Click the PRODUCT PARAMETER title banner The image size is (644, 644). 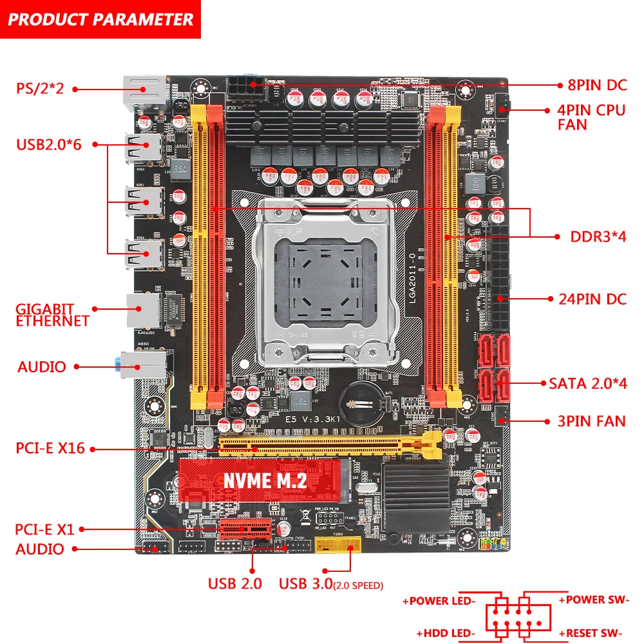tap(100, 19)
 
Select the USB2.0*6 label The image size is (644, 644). tap(49, 144)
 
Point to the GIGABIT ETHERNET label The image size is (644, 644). tap(53, 314)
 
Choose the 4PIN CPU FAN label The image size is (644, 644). tap(591, 117)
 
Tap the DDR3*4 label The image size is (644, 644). tap(598, 236)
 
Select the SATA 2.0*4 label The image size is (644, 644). tap(587, 383)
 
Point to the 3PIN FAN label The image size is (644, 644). tap(591, 421)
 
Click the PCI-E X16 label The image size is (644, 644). tap(50, 448)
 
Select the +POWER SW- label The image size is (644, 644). tap(592, 600)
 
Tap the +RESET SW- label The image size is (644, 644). tap(592, 633)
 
